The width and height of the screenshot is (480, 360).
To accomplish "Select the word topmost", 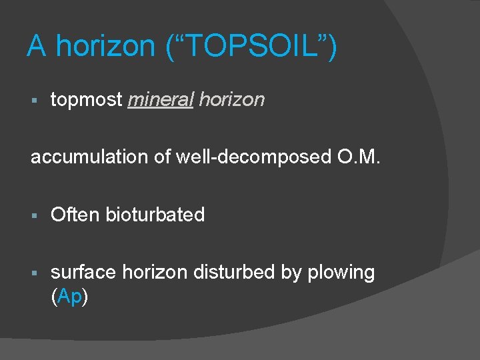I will point(87,100).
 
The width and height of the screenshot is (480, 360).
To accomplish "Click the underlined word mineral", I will point(160,100).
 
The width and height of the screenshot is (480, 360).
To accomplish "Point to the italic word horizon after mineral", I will point(231,100).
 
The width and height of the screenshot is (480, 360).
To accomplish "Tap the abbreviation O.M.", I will point(361,157).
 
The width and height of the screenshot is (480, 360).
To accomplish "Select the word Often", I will point(75,215).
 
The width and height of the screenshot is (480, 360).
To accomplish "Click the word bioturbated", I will point(155,215).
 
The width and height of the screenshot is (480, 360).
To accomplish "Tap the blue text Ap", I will point(69,297).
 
